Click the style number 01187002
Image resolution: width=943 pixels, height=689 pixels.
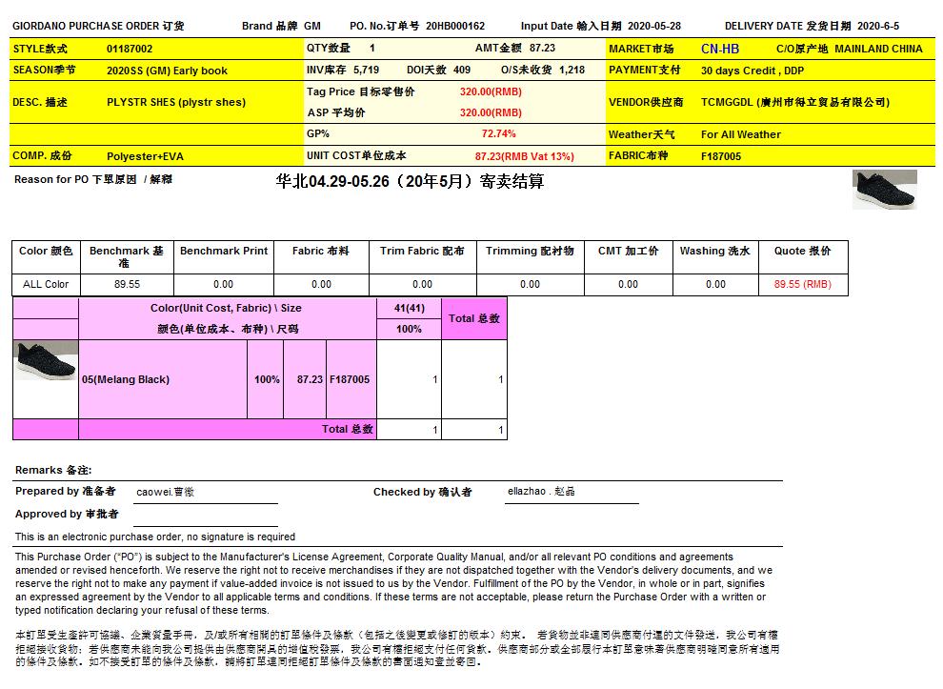pos(130,49)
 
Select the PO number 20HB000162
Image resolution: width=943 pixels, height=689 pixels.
pos(455,27)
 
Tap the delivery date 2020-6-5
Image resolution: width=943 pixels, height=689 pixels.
pos(877,27)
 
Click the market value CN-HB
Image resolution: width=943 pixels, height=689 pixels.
pos(719,49)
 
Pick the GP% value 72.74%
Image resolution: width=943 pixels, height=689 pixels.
pos(498,134)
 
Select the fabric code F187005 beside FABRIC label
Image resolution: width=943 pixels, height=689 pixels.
pos(721,156)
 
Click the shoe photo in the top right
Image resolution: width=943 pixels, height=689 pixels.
pos(884,190)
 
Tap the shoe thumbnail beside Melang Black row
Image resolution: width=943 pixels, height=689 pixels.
pos(45,361)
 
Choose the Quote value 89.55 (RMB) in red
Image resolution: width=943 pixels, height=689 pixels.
pos(802,284)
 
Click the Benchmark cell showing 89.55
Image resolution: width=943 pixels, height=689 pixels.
pos(127,284)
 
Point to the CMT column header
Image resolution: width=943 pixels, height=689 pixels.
pos(628,252)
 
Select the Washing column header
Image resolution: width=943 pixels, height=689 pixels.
pos(714,252)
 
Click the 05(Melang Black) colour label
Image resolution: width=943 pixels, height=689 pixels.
pos(126,379)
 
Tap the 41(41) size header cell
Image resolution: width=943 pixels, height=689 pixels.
pos(409,308)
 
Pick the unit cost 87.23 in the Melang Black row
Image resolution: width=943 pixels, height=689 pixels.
pos(310,379)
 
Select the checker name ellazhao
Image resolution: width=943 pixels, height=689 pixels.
pos(541,492)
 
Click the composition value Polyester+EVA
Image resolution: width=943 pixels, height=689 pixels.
pos(146,156)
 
